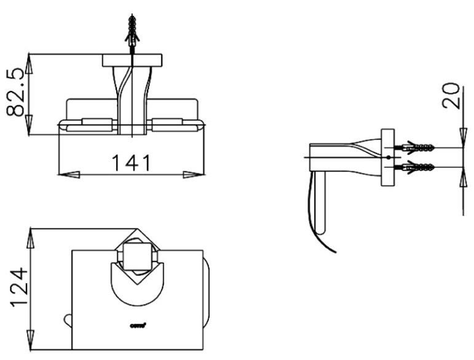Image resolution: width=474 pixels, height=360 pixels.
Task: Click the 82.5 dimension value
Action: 16,92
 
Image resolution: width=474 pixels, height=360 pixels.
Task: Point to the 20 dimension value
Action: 453,96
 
